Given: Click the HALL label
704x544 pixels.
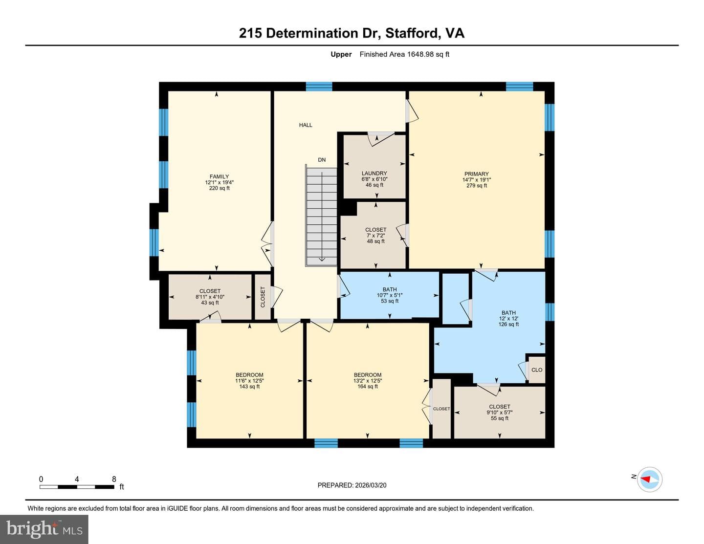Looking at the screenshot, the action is point(306,125).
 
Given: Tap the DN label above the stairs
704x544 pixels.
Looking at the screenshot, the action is point(322,160).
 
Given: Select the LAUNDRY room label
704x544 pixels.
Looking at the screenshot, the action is point(374,173).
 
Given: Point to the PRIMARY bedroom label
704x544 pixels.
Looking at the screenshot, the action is point(476,174).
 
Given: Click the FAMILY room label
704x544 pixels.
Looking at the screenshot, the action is point(220,176).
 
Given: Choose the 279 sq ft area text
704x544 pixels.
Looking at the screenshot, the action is point(477,186).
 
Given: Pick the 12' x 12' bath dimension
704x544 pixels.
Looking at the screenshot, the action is point(508,318).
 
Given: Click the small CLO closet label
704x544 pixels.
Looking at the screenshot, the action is point(537,370).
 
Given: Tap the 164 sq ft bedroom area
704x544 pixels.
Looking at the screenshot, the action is point(367,386).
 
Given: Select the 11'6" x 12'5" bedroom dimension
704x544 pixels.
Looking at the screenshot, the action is point(249,380).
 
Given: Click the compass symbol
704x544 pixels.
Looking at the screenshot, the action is point(649,479).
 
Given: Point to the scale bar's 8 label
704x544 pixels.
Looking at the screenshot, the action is point(114,479).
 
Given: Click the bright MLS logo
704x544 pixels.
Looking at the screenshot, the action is point(44,529).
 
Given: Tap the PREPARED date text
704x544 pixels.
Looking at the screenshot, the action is point(352,485).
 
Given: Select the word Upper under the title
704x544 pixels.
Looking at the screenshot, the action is point(341,54).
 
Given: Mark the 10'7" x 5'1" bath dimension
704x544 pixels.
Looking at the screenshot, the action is point(390,295).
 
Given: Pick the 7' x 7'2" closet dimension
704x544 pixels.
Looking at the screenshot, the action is point(376,236).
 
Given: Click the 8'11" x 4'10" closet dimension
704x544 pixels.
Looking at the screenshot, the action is point(210,297).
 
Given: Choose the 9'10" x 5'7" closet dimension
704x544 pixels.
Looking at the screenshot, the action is point(500,412).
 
